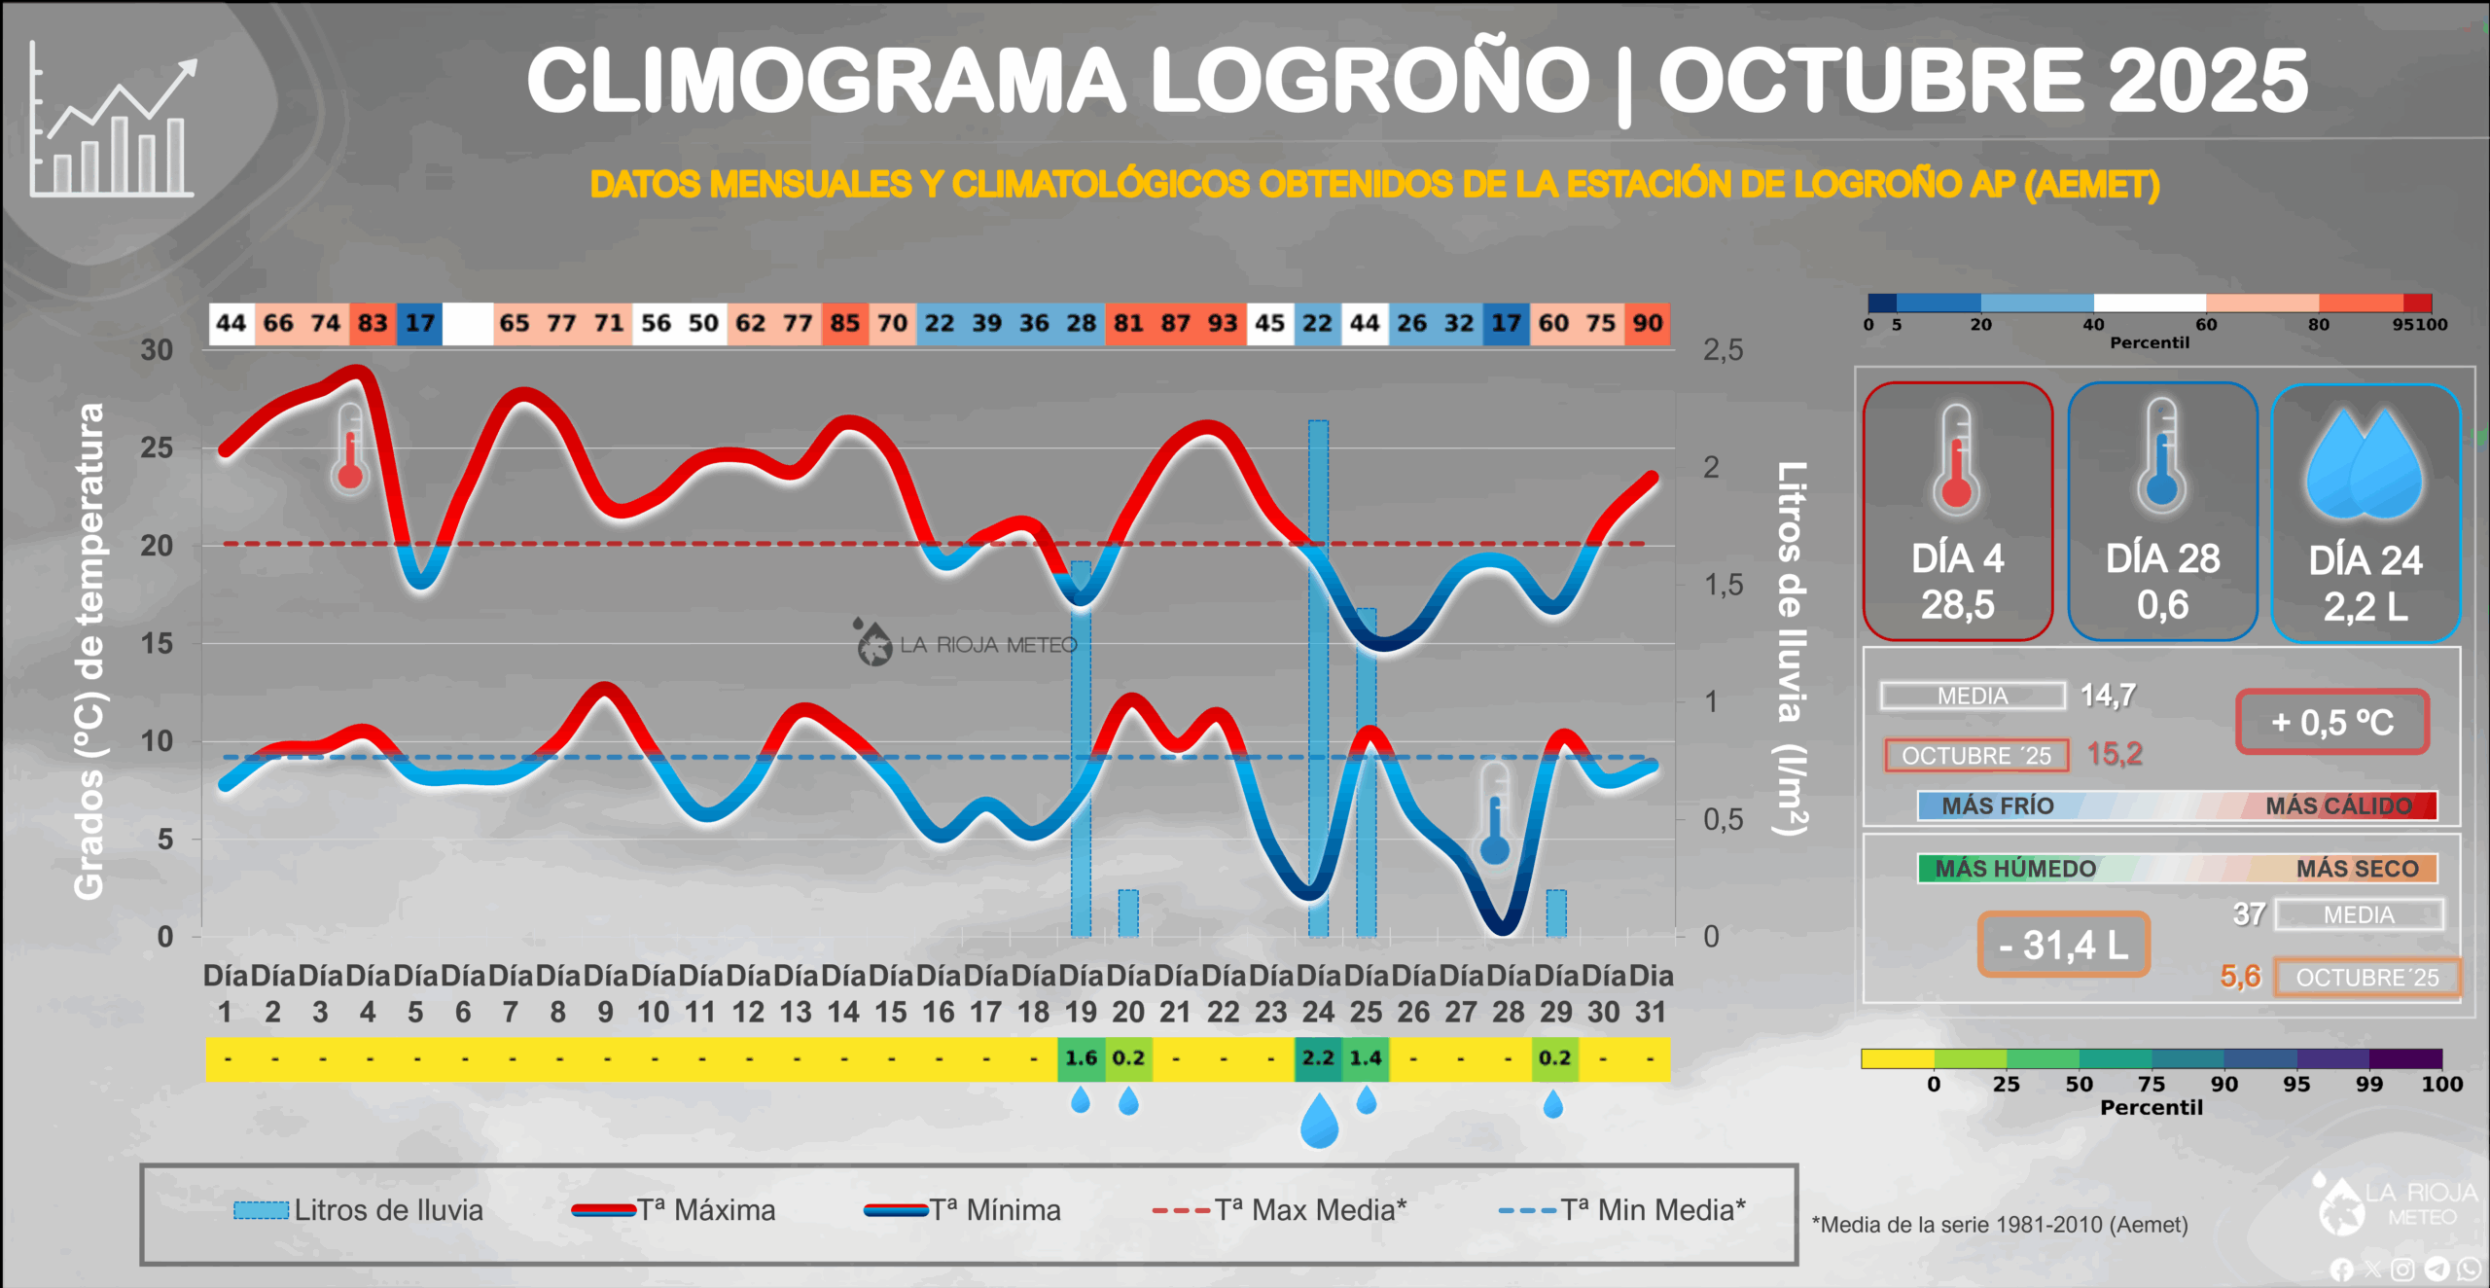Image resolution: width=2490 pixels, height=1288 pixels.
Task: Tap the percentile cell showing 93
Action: click(x=1223, y=324)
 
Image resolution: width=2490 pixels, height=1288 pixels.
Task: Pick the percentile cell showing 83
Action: click(x=373, y=324)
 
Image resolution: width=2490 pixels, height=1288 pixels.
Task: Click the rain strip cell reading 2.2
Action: click(x=1318, y=1058)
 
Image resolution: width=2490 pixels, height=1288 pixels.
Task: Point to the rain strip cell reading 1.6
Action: click(x=1081, y=1058)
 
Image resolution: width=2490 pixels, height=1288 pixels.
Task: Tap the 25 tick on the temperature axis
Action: click(x=157, y=448)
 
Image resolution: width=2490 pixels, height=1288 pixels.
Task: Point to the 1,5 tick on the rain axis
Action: click(x=1723, y=585)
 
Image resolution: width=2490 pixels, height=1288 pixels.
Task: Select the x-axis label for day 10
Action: click(x=654, y=993)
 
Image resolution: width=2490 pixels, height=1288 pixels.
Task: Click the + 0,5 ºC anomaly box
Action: click(x=2331, y=722)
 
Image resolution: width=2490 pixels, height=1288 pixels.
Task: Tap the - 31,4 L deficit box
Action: click(x=2063, y=945)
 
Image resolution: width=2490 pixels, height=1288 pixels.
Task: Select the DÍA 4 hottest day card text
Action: click(x=1957, y=582)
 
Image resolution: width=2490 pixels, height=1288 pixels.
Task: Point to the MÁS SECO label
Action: click(x=2357, y=869)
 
